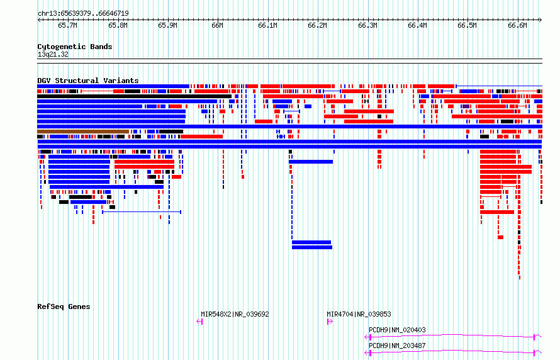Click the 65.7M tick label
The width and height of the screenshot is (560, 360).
[67, 25]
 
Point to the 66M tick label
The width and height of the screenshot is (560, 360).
[217, 25]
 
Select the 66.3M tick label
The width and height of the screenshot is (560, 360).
[367, 25]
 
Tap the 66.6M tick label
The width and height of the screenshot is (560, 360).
[517, 25]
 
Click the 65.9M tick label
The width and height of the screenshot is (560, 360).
[167, 25]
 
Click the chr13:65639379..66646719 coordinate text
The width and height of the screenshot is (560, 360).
[83, 14]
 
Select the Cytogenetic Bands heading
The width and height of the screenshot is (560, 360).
[75, 47]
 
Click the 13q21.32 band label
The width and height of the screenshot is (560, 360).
[53, 54]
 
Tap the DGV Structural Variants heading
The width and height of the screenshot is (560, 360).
[88, 81]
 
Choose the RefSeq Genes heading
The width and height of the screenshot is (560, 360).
[64, 307]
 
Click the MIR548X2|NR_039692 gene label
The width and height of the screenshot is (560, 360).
[235, 314]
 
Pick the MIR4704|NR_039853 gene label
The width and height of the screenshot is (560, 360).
[359, 314]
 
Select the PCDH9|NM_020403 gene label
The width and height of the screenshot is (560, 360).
[397, 330]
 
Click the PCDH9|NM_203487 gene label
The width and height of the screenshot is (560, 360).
[397, 346]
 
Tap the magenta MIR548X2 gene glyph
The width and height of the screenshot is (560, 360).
[199, 322]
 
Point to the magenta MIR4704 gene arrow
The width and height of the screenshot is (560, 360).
[330, 322]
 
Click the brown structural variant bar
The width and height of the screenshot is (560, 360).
[83, 132]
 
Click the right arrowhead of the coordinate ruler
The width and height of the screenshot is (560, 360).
[540, 20]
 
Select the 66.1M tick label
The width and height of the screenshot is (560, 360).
[267, 25]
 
